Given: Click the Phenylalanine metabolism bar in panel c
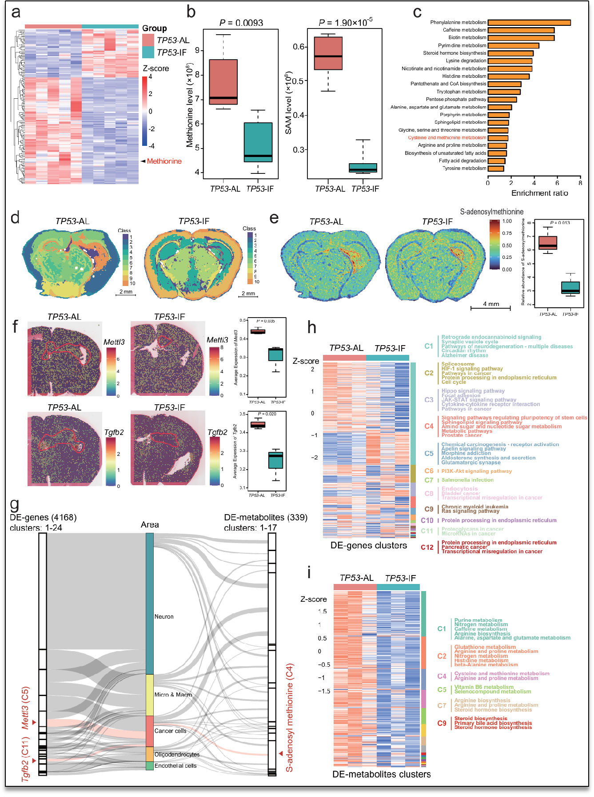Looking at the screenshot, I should (529, 23).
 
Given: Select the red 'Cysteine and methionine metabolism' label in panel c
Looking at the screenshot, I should (447, 138).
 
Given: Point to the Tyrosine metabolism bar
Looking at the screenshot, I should (496, 169).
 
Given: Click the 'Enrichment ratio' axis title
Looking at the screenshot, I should (539, 193).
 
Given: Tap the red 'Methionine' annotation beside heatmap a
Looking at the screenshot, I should (164, 161).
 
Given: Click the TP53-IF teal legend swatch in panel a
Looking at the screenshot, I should (148, 52).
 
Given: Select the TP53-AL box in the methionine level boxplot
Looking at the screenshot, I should (223, 82).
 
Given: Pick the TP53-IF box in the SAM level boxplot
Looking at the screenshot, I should (363, 168).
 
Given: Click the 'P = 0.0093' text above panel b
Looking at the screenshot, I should (241, 23).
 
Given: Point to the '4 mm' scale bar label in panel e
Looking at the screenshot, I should (491, 304).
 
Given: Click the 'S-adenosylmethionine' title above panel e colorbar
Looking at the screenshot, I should (491, 212).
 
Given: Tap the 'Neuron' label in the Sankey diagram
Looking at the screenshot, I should (164, 616).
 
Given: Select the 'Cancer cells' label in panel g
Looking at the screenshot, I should (170, 731).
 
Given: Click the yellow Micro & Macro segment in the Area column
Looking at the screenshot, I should (150, 695).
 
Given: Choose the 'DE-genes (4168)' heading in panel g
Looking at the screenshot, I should (43, 517).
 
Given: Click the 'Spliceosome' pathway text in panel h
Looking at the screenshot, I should (458, 364).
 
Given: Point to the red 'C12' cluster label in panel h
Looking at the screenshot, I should (427, 547).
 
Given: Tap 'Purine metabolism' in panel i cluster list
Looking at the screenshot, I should (478, 620).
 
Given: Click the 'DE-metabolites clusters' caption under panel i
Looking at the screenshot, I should (381, 774).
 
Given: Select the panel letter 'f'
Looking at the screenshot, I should (15, 326).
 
